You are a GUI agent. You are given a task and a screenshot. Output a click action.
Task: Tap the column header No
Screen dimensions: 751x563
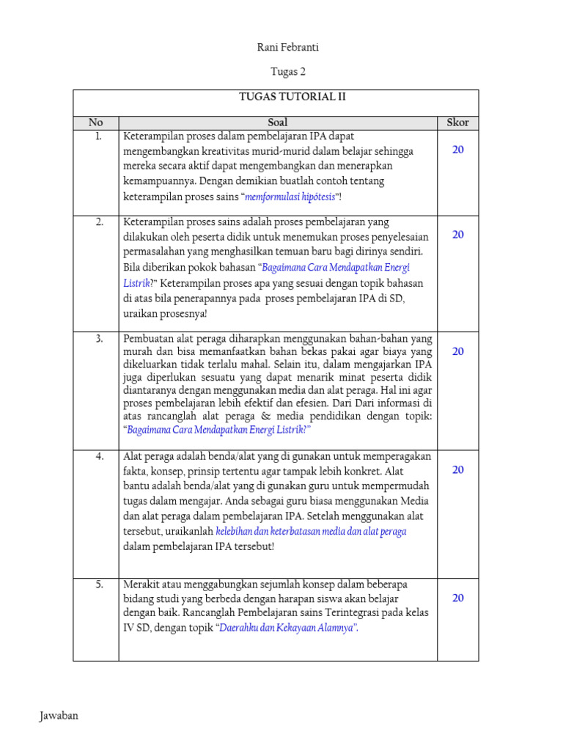point(96,122)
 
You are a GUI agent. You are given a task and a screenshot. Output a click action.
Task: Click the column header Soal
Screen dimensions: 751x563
point(278,122)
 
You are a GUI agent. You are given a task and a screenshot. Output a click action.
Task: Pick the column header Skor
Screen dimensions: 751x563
point(457,122)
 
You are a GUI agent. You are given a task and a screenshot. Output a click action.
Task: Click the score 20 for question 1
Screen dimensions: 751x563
point(457,150)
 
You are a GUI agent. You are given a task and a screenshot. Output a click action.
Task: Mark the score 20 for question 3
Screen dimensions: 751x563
point(457,351)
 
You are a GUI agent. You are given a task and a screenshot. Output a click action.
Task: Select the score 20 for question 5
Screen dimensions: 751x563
point(457,598)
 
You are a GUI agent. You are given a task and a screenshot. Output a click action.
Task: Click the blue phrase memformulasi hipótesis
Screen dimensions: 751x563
point(290,197)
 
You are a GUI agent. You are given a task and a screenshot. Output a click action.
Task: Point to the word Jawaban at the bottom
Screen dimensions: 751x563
point(59,716)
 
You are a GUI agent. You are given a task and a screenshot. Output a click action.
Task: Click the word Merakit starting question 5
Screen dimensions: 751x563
point(141,585)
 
